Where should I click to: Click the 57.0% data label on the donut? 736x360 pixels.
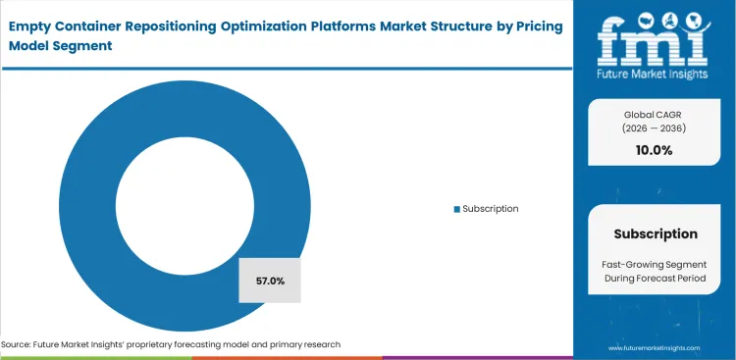pos(270,281)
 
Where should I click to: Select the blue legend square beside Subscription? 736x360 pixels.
pos(455,209)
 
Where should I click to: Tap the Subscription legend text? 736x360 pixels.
pos(490,209)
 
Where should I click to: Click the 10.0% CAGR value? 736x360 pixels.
pos(656,150)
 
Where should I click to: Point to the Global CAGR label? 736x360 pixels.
pos(656,114)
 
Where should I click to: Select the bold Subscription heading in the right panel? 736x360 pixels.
pos(656,233)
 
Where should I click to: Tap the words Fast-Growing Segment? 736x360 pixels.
pos(656,265)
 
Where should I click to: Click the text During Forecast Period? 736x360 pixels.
pos(656,280)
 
